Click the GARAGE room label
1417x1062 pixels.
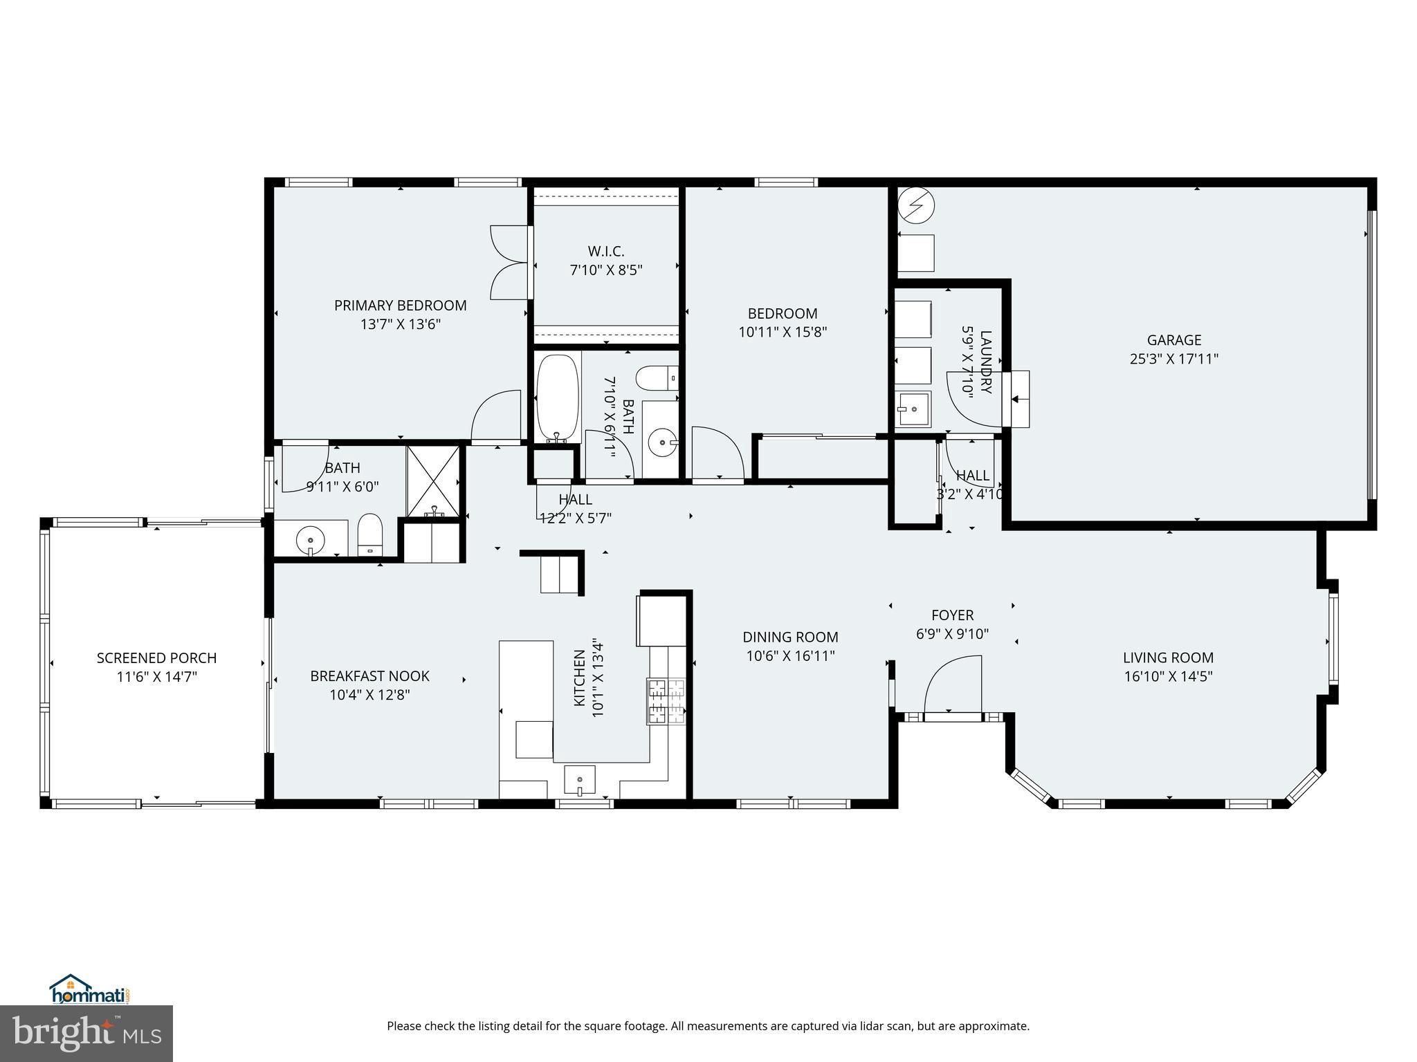(1174, 340)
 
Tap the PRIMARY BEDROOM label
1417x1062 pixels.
(400, 306)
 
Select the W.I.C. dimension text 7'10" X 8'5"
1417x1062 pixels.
(606, 270)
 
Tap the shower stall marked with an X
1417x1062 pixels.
(432, 481)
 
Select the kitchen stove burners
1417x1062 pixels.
(666, 702)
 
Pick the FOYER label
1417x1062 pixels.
(952, 615)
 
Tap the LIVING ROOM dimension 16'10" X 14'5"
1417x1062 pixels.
(1168, 676)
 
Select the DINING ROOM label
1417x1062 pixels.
(790, 637)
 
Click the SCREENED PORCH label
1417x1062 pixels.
(156, 658)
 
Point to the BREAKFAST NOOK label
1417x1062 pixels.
(369, 676)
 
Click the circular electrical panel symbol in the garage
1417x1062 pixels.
(916, 205)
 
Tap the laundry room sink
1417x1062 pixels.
(913, 410)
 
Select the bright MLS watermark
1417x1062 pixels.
(86, 1034)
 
